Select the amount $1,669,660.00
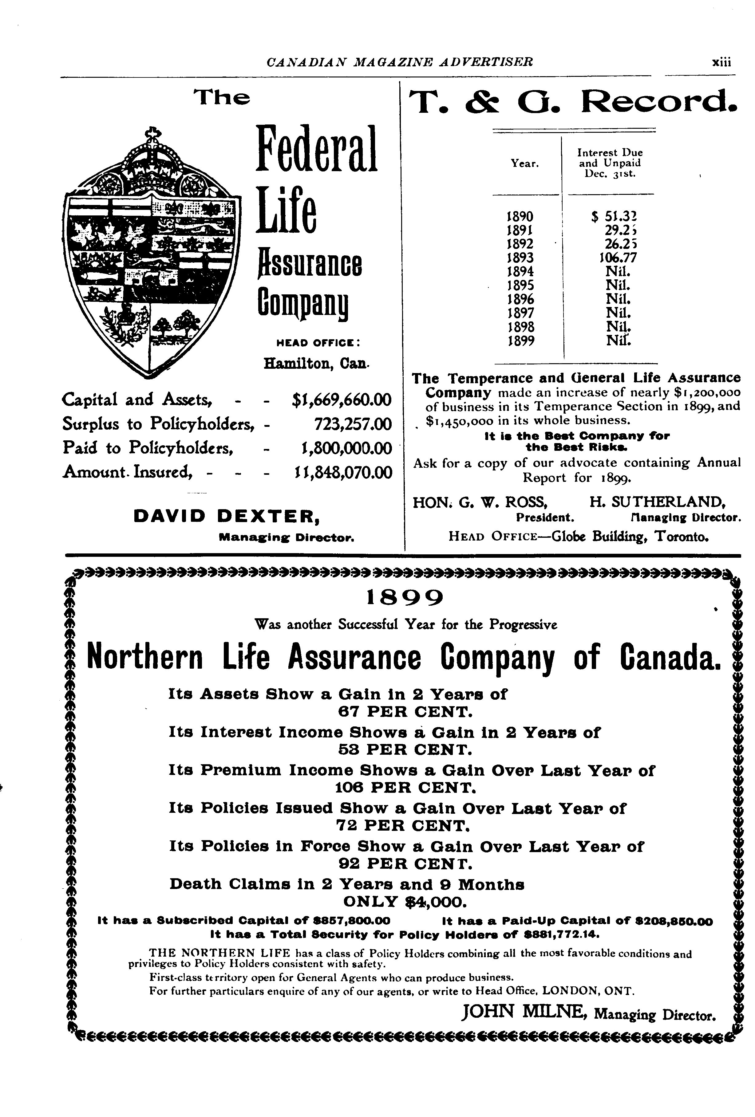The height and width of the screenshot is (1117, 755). point(342,400)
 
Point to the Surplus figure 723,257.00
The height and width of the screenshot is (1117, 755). point(353,424)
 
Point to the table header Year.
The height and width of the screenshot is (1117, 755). point(525,163)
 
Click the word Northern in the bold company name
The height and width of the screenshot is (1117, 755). point(145,658)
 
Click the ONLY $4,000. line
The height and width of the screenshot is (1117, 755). point(404,901)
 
